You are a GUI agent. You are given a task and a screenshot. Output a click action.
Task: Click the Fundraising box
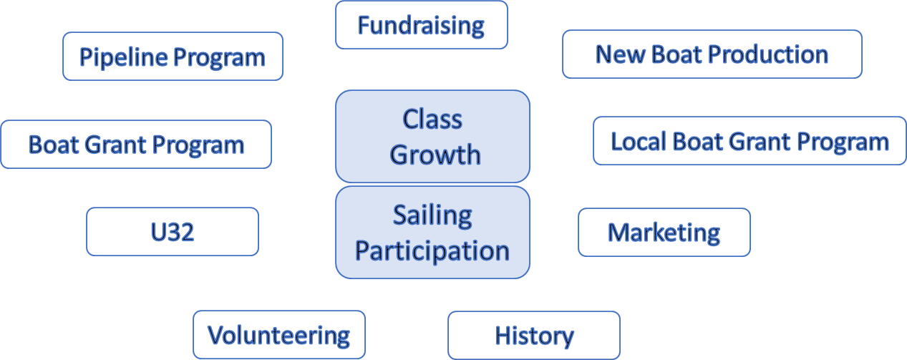coord(422,25)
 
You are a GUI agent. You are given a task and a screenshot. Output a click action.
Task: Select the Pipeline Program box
coord(173,57)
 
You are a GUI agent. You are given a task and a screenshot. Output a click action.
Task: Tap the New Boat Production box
coord(712,54)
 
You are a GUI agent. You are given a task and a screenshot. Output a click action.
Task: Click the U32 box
coord(173,232)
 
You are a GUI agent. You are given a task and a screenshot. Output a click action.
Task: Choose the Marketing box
coord(664,233)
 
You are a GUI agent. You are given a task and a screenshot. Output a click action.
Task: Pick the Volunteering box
coord(279,335)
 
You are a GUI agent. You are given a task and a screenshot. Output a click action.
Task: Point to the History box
coord(534,335)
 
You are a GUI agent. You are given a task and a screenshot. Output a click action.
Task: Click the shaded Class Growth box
coord(432,137)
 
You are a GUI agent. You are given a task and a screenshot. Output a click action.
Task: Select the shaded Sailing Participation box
coord(432,233)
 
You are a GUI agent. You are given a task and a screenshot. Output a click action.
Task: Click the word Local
coord(639,141)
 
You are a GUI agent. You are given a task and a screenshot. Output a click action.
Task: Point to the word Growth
coord(435,155)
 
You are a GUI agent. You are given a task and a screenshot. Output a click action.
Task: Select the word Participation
coord(432,251)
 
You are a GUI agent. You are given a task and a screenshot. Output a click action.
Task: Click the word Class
coord(432,119)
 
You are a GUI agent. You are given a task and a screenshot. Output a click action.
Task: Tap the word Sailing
coord(432,215)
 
